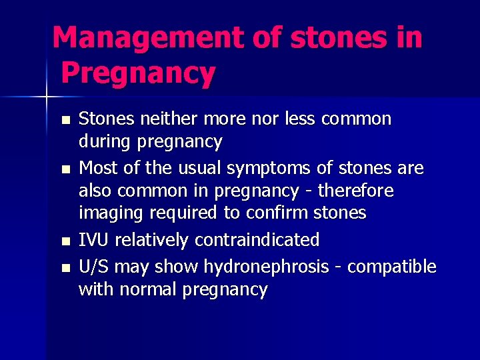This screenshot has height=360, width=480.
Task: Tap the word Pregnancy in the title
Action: coord(139,73)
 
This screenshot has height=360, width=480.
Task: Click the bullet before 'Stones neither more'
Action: coord(64,121)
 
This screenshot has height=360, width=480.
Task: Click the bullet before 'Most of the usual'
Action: coord(64,169)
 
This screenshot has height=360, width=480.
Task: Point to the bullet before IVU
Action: coord(64,241)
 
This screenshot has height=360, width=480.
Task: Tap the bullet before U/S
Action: coord(64,268)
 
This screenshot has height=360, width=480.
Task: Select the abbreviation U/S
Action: coord(94,267)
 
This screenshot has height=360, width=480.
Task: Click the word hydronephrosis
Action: coord(266,267)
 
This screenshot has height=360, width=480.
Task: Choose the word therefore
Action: coord(356,191)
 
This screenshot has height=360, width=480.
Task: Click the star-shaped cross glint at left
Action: coord(47,97)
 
